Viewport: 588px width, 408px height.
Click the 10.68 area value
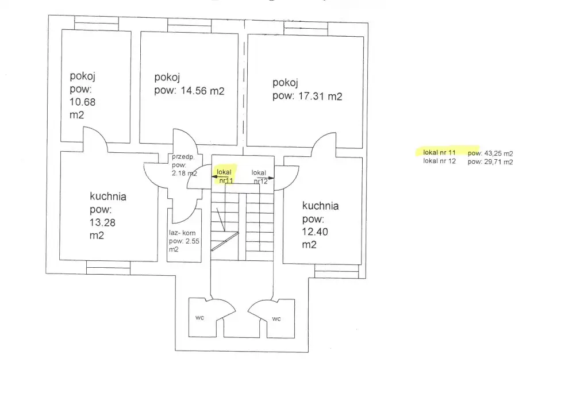point(83,102)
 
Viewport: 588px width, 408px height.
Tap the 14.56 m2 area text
point(202,91)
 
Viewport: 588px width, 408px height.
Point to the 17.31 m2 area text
point(320,97)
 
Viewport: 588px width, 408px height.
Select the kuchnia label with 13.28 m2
point(108,197)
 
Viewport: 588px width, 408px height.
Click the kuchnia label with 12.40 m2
point(320,206)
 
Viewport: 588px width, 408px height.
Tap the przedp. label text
point(183,157)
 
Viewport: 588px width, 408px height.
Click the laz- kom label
point(182,233)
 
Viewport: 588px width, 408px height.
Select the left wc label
point(200,318)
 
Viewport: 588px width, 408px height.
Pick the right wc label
point(276,319)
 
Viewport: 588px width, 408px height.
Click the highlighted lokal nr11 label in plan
point(225,176)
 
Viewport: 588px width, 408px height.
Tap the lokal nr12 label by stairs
point(259,176)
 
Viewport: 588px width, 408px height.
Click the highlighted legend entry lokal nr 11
point(439,152)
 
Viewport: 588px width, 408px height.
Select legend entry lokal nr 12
point(439,161)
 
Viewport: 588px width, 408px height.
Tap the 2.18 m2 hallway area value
point(185,173)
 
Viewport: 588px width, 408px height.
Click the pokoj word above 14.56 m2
point(167,78)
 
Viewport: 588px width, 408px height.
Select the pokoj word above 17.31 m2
point(285,83)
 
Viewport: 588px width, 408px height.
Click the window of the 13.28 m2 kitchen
point(109,268)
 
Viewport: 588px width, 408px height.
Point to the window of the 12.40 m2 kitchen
point(337,271)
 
